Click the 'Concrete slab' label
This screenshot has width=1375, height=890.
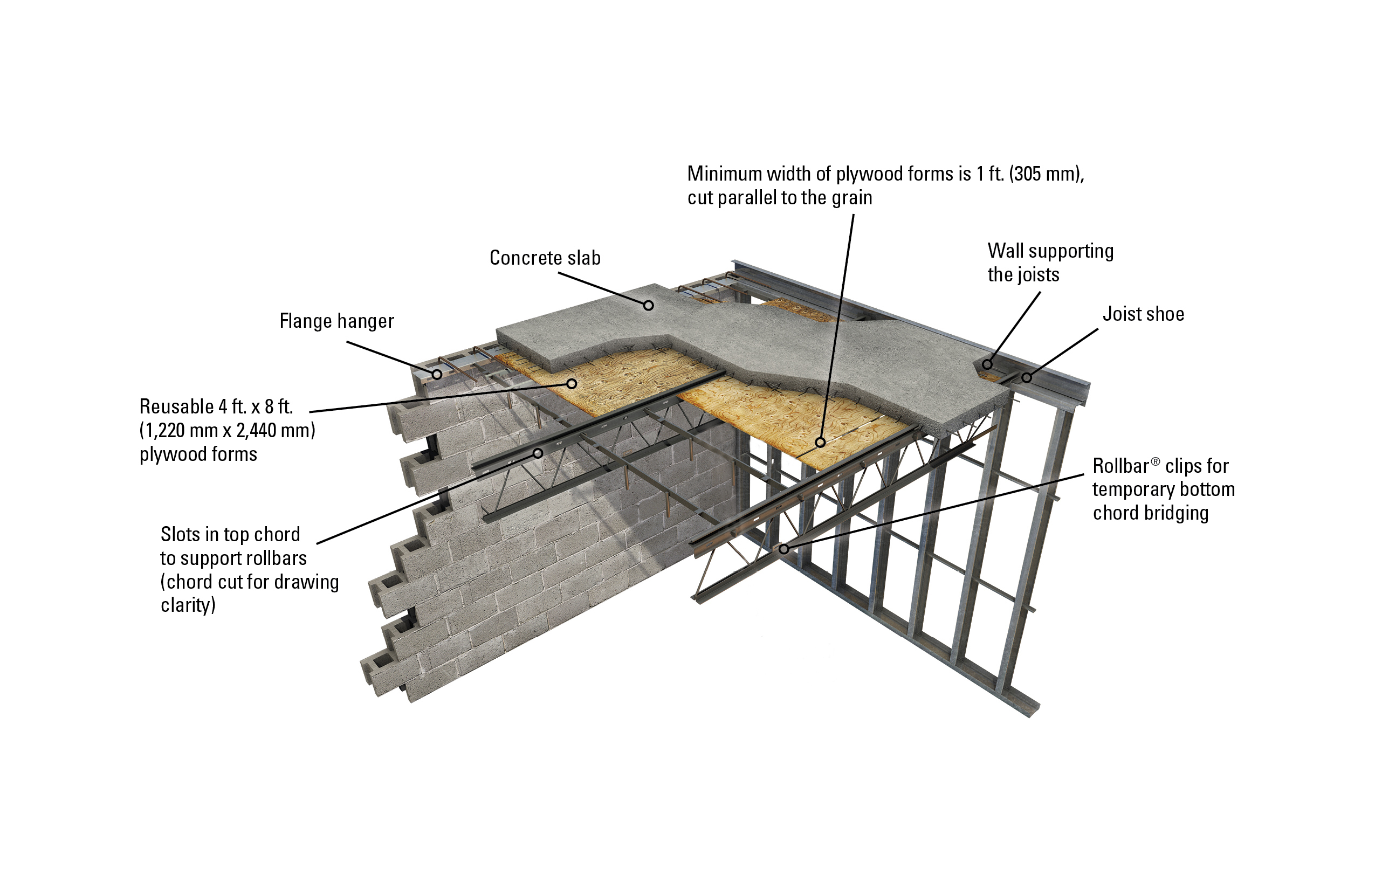[x=544, y=258]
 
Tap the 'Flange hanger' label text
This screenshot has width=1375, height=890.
[x=336, y=321]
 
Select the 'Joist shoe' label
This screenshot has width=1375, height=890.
[x=1143, y=314]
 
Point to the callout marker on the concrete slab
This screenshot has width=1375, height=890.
[x=648, y=305]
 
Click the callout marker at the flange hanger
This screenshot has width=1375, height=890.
[x=437, y=374]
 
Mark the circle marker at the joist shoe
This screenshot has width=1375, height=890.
[x=1027, y=378]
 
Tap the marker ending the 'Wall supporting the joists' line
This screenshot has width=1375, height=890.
[x=987, y=364]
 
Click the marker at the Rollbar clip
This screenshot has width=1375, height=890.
[x=783, y=549]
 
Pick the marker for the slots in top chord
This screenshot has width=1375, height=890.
[x=537, y=453]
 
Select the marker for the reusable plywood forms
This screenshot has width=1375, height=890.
[x=572, y=383]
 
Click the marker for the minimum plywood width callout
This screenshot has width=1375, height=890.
[x=820, y=443]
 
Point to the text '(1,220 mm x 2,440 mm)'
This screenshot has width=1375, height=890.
[x=227, y=430]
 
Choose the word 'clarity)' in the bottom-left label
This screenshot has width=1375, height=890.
[x=188, y=605]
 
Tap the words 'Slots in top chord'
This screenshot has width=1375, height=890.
[x=230, y=534]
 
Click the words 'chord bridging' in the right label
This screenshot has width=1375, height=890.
[x=1150, y=513]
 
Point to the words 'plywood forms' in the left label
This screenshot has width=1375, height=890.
[x=198, y=454]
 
